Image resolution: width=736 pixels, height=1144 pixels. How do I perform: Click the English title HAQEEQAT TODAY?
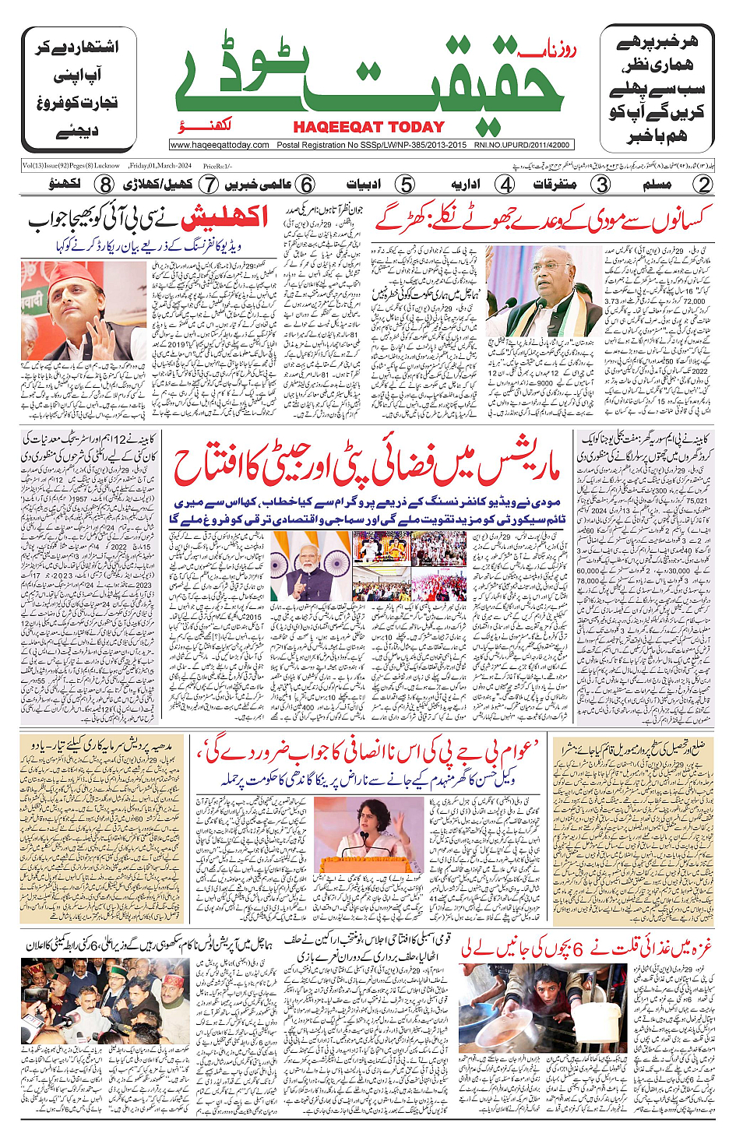coord(368,127)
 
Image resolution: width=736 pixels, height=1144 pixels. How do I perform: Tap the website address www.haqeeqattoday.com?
coord(220,145)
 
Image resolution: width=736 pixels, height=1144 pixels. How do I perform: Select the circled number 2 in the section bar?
coord(703,185)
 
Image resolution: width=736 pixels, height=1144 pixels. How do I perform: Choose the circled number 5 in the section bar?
coord(405,185)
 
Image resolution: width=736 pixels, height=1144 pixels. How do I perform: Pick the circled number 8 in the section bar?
coord(105,185)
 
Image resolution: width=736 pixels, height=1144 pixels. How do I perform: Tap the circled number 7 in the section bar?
coord(209,185)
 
